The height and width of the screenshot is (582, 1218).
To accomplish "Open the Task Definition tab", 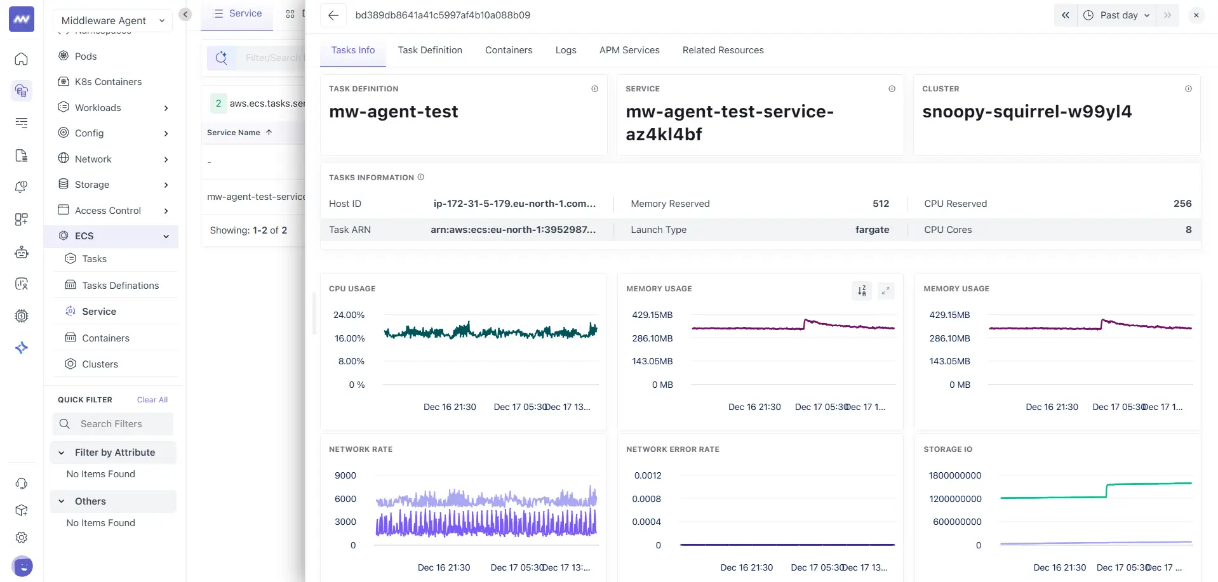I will coord(430,50).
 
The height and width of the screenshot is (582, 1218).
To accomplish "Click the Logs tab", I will coord(565,50).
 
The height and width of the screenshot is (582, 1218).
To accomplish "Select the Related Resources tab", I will coord(723,50).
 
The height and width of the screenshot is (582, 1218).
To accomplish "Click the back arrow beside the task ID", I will coord(333,15).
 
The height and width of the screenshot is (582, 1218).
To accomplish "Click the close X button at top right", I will coord(1196,15).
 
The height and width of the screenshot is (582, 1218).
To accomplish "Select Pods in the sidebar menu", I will coord(86,56).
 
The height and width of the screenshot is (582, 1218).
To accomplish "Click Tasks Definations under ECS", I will coord(120,286).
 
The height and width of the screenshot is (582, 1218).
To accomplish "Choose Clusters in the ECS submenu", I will coord(100,364).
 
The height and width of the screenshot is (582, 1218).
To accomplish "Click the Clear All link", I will coord(152,400).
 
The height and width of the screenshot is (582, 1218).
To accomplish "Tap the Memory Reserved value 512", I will coord(880,204).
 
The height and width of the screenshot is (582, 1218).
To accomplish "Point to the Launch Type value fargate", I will coord(871,230).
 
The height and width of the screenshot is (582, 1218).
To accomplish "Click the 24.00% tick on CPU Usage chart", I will coord(349,315).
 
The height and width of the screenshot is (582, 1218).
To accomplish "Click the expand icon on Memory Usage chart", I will coord(885,291).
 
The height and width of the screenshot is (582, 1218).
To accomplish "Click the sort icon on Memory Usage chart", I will coord(862,291).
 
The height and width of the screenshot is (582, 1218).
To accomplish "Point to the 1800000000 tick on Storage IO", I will coord(954,475).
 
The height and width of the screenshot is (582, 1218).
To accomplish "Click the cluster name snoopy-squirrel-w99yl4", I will coord(1026,112).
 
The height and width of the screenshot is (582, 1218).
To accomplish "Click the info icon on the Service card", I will coord(892,89).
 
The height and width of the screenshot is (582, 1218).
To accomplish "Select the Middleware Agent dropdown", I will coord(112,20).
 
